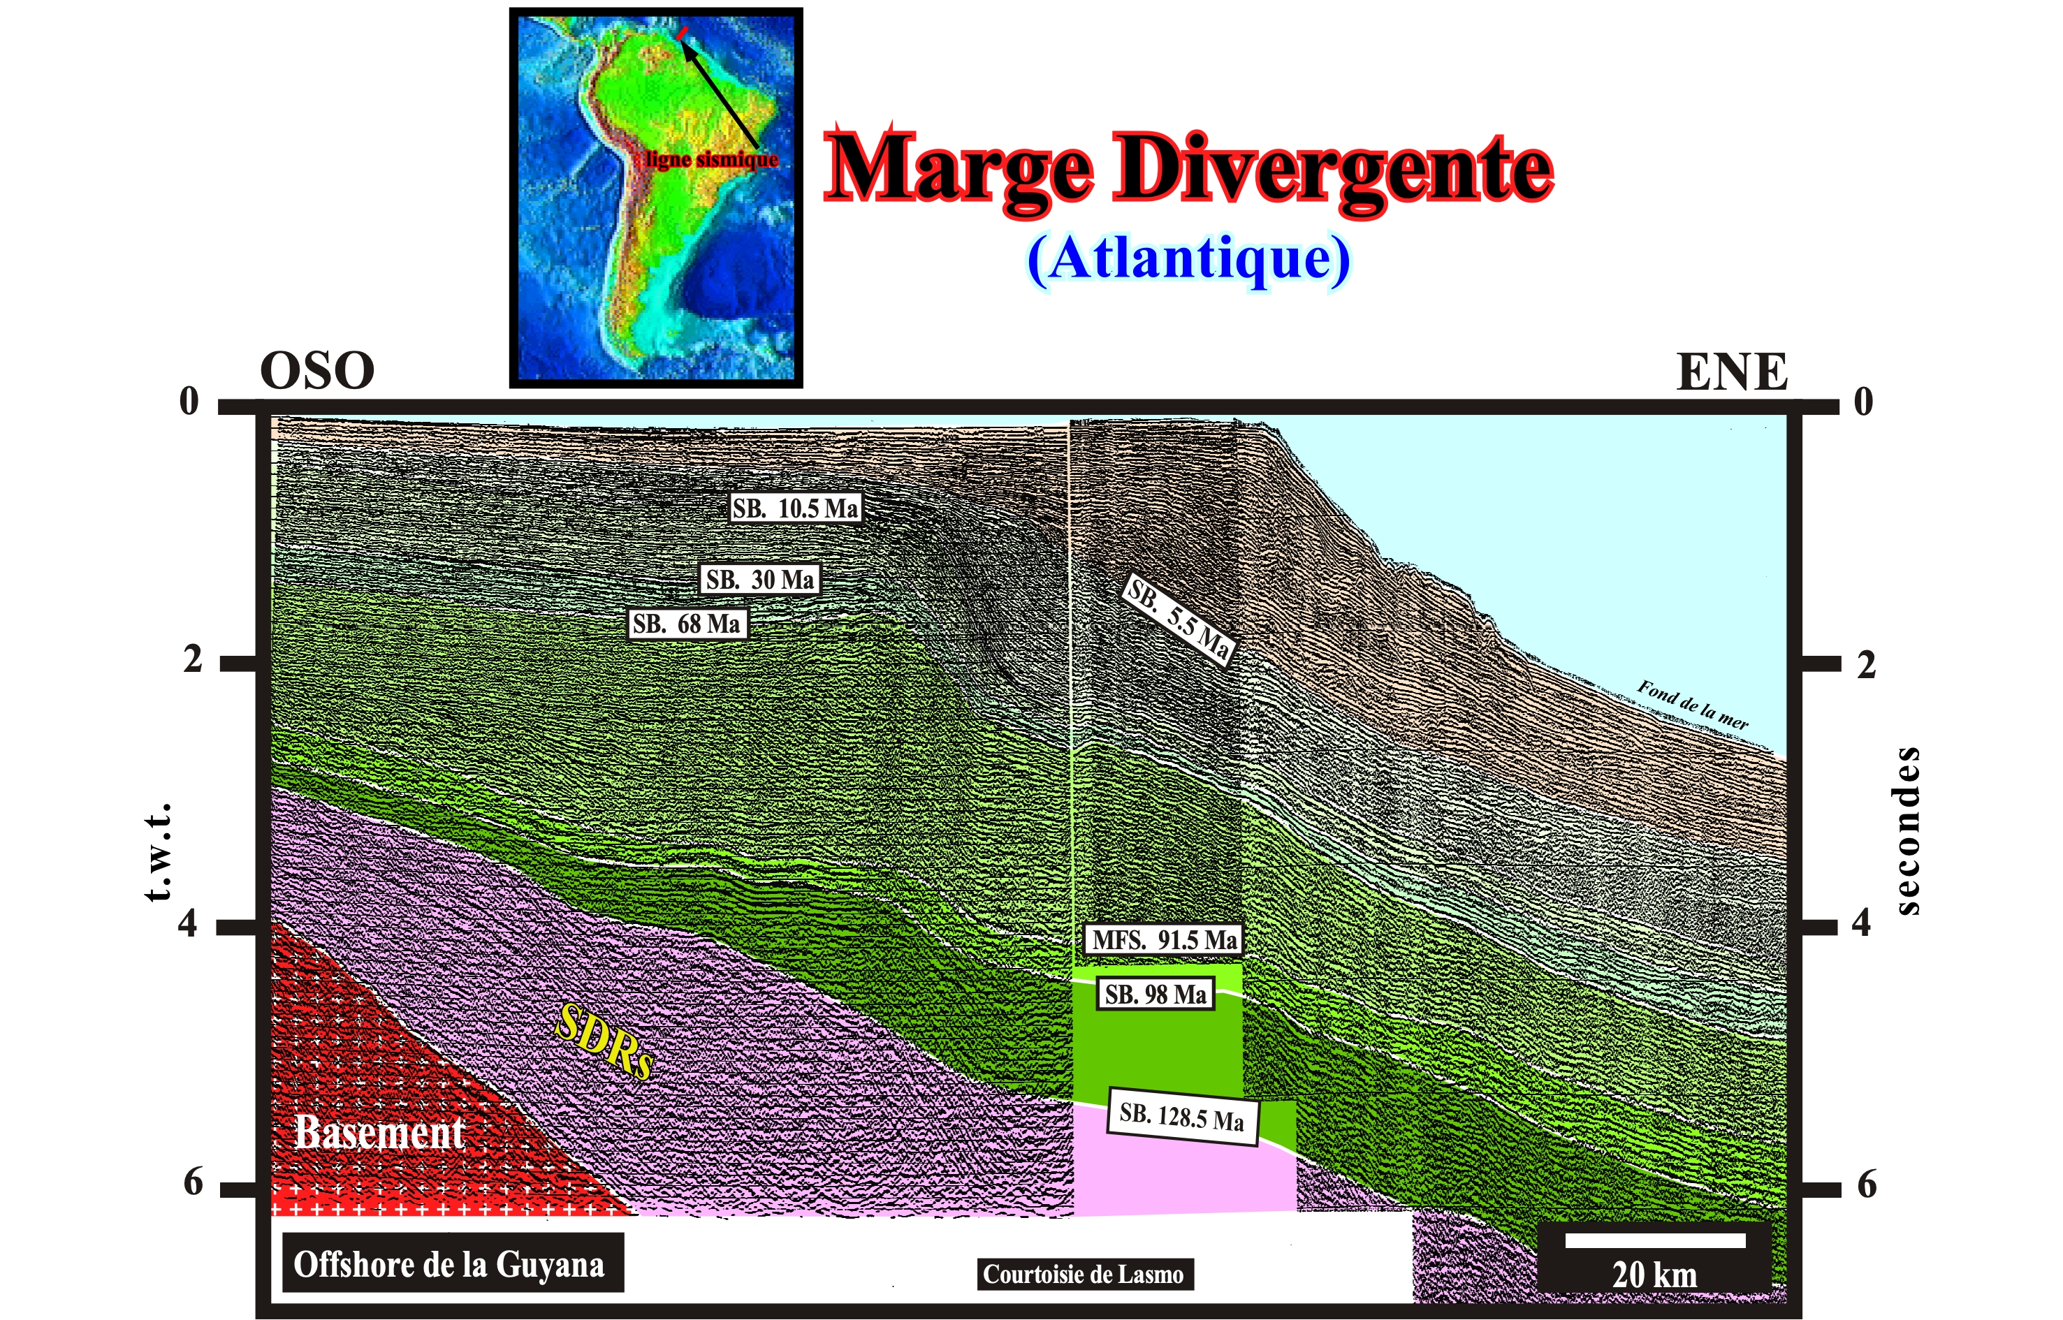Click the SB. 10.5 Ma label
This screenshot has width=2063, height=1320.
point(795,508)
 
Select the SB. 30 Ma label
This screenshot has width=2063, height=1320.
point(759,580)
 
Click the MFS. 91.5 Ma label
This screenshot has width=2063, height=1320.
point(1165,939)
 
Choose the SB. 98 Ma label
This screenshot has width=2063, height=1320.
point(1155,995)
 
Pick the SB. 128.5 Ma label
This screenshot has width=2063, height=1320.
point(1183,1116)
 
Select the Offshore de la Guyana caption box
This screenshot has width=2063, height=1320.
point(449,1263)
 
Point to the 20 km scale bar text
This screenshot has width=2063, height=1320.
point(1654,1275)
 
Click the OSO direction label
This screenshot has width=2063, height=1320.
point(317,370)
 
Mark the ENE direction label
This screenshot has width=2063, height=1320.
point(1732,371)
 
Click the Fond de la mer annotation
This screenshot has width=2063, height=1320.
point(1692,705)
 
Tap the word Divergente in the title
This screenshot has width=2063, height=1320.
point(1334,169)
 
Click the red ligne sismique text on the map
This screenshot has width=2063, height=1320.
point(712,159)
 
